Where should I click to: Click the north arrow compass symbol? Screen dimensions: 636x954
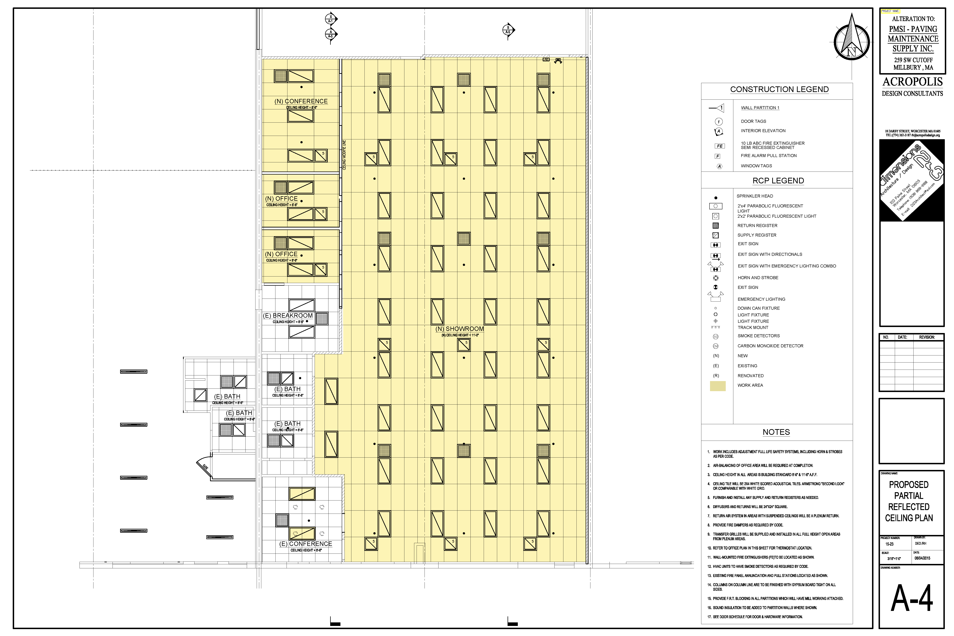point(851,41)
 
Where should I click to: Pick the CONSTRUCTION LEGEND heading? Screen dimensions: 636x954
point(779,89)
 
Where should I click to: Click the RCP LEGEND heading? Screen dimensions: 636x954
point(778,181)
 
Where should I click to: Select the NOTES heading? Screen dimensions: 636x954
point(776,432)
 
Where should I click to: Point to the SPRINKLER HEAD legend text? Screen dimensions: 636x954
point(754,196)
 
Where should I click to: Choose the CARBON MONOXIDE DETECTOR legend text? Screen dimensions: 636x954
point(770,346)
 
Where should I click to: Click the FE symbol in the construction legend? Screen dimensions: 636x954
point(719,146)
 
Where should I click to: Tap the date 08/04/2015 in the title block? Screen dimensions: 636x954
point(922,558)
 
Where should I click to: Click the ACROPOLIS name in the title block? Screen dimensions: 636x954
point(912,82)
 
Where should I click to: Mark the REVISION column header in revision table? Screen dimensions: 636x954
point(926,337)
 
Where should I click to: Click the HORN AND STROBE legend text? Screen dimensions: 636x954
point(758,278)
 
